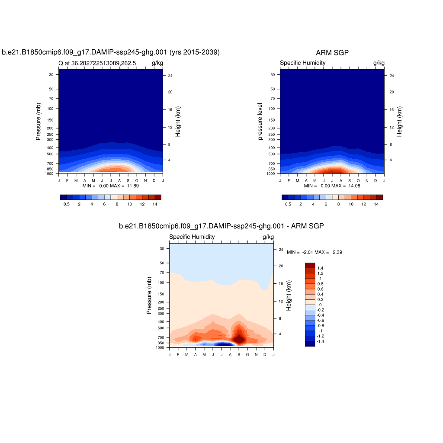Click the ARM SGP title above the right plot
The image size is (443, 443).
coord(332,53)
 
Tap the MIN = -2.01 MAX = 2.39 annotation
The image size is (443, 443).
coord(315,252)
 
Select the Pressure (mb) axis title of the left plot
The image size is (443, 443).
coord(38,122)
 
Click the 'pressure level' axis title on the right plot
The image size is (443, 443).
coord(260,122)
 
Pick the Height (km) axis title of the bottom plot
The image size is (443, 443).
coord(289,295)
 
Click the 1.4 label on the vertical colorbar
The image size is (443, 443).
coord(321,268)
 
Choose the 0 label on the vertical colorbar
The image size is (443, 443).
coord(321,305)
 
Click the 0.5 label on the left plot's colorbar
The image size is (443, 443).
coord(67,204)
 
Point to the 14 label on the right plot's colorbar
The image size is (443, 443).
coord(376,204)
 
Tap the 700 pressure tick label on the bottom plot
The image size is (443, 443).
coord(161,337)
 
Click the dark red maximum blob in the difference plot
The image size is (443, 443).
coord(239,335)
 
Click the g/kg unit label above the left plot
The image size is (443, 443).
coord(157,63)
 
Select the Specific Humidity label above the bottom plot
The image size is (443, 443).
coord(192,237)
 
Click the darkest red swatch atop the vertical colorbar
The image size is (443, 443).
coord(310,265)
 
